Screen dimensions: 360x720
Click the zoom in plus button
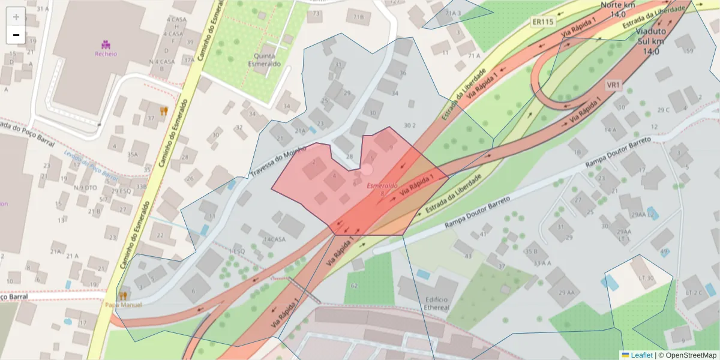point(16,17)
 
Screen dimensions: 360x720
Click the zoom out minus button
point(16,35)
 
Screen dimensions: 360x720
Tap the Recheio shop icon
point(106,44)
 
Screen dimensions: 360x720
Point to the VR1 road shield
point(613,85)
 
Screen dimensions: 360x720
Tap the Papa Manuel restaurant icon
point(124,295)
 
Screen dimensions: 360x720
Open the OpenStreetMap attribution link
point(687,355)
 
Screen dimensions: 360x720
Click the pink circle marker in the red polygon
point(367,170)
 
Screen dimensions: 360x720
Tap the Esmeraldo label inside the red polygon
point(382,185)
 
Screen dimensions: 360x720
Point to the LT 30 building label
point(646,278)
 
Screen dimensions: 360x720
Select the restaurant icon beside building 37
point(163,110)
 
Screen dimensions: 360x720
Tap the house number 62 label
point(354,285)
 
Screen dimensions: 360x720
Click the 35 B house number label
point(532,251)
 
